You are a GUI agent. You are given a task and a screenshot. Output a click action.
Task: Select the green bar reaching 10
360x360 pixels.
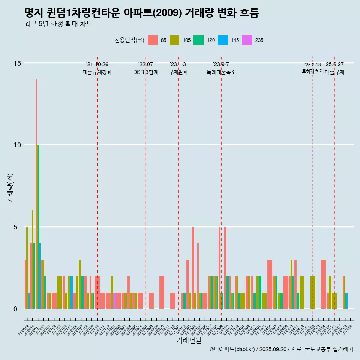pos(38,225)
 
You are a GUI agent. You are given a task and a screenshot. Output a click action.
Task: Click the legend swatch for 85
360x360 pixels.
pos(153,40)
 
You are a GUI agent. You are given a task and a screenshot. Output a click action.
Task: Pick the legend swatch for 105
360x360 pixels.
pos(174,40)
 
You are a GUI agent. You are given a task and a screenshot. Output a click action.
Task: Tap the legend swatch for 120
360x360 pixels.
pos(198,40)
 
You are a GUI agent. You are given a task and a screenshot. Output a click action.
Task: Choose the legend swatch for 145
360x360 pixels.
pos(223,40)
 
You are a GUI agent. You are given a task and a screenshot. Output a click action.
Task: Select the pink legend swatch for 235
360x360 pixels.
pos(247,40)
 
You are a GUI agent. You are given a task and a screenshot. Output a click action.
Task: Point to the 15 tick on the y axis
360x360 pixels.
pos(18,63)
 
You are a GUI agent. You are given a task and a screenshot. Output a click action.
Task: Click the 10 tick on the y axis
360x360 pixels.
pos(18,145)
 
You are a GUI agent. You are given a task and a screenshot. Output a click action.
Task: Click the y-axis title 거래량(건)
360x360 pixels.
pos(10,187)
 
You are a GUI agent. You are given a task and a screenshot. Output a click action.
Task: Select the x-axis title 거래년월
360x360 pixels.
pos(189,340)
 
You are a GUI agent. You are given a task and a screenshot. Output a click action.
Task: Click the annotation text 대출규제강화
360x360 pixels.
pos(97,72)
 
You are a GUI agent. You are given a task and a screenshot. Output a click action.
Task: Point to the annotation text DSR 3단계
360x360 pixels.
pos(145,72)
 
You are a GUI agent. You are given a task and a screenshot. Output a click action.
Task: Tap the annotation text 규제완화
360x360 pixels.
pos(178,72)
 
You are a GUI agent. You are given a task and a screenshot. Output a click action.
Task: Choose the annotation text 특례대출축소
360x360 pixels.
pos(221,72)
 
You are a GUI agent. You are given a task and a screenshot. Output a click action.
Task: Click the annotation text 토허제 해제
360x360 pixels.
pos(312,71)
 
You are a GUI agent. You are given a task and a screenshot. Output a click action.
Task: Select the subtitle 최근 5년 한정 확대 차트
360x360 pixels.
pos(58,24)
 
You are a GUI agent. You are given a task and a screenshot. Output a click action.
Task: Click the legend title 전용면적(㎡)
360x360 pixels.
pos(129,40)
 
